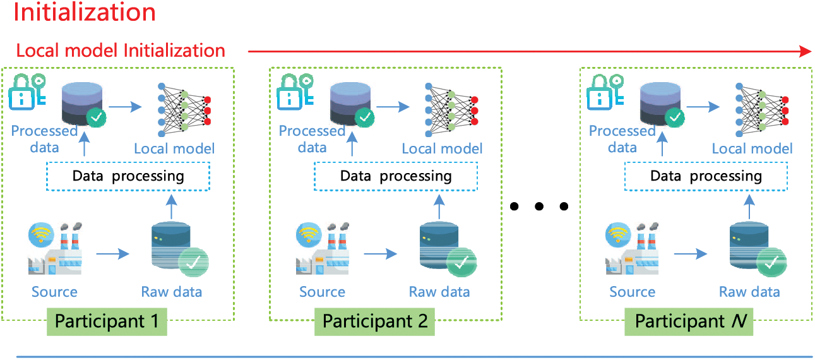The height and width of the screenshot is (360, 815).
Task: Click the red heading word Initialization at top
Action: tap(85, 13)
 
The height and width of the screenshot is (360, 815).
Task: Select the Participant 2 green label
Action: tap(375, 321)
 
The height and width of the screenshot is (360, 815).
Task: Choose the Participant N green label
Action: tap(690, 321)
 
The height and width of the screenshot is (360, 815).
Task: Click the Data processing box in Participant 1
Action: tap(128, 176)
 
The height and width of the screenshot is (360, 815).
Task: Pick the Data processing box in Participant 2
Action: tap(396, 176)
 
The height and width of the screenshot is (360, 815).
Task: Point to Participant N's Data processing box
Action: tap(706, 176)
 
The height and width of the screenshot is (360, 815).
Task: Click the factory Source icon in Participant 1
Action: tap(55, 249)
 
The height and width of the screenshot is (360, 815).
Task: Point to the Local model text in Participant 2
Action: tap(442, 149)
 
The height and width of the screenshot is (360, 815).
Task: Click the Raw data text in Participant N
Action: tap(749, 292)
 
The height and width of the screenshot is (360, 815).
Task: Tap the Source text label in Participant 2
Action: tap(322, 292)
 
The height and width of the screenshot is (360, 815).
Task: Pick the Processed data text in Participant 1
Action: tap(44, 140)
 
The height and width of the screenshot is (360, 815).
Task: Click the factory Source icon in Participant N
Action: tap(633, 249)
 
